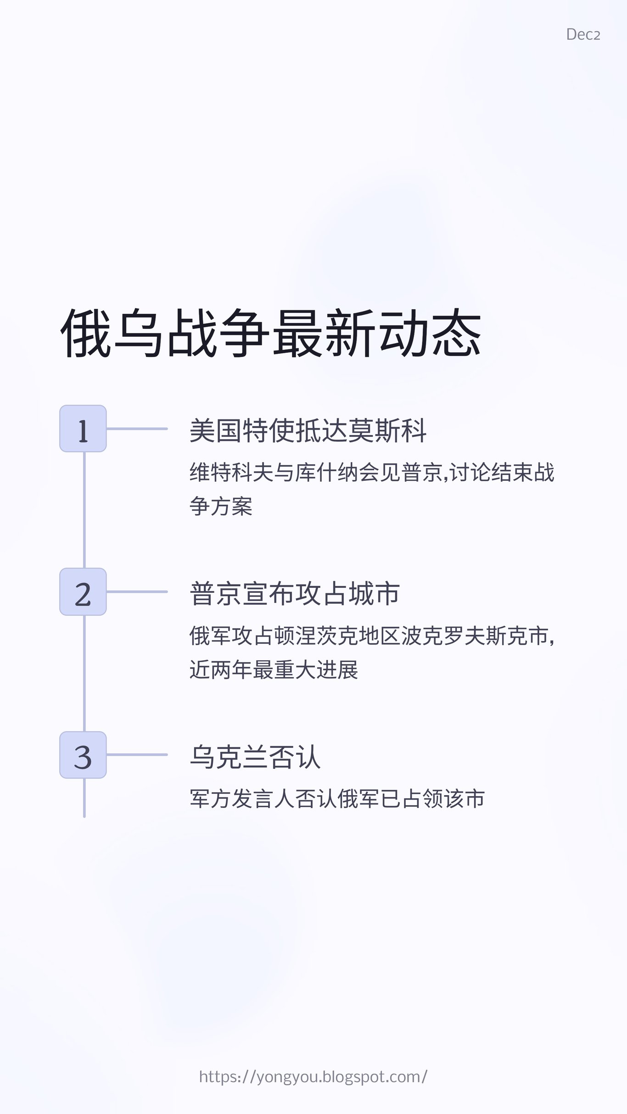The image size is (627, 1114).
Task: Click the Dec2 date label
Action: pos(583,34)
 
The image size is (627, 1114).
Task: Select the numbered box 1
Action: pos(83,429)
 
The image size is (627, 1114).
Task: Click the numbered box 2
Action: pos(83,591)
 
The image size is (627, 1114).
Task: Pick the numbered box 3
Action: pos(83,755)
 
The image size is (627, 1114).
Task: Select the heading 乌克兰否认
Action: pos(255,757)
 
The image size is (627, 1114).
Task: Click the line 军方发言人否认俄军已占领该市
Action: pos(337,799)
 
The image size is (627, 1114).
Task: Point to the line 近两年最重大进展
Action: pos(274,670)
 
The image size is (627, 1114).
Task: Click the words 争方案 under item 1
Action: pos(221,507)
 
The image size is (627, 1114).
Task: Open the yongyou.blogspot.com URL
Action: pos(313,1076)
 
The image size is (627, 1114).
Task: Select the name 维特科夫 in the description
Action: pos(232,473)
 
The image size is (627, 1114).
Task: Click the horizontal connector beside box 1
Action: pos(137,429)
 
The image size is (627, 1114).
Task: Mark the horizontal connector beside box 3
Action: pos(137,755)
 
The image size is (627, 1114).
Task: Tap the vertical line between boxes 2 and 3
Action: pos(84,673)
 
